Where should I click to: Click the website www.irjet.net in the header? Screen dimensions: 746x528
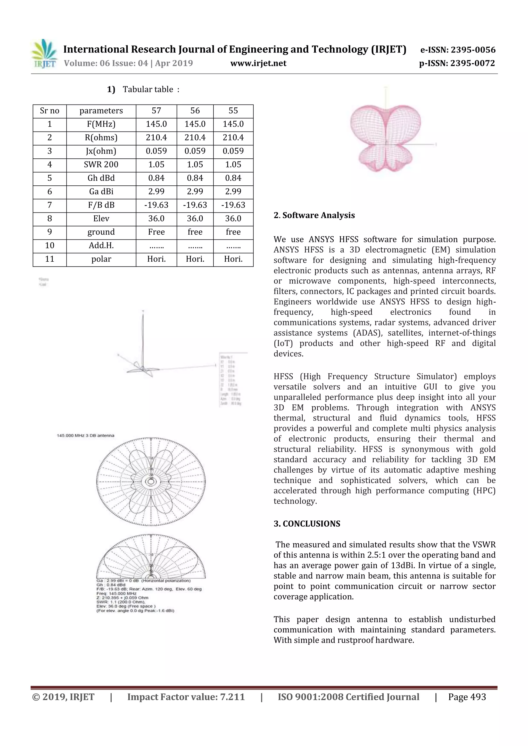pyautogui.click(x=258, y=63)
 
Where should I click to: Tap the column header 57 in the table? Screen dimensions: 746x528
pyautogui.click(x=156, y=111)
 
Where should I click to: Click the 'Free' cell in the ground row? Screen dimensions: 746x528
pyautogui.click(x=156, y=232)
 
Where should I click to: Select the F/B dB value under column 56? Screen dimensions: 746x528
pyautogui.click(x=195, y=205)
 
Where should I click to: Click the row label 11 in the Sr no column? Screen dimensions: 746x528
pyautogui.click(x=49, y=259)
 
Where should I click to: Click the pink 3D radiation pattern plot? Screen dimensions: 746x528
pyautogui.click(x=385, y=138)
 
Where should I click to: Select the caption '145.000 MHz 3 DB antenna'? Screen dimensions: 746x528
pyautogui.click(x=86, y=435)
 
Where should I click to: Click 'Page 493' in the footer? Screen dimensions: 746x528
pyautogui.click(x=467, y=697)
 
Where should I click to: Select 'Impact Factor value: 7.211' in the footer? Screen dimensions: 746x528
pyautogui.click(x=186, y=697)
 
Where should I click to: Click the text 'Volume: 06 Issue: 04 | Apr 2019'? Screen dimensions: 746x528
pyautogui.click(x=128, y=63)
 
